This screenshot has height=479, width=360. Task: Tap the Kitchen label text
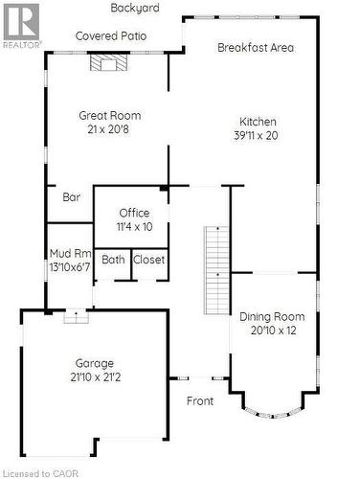click(x=258, y=122)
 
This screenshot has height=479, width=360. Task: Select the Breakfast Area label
click(x=256, y=48)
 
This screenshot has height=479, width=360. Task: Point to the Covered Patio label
click(x=112, y=35)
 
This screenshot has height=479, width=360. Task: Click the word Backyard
click(x=135, y=7)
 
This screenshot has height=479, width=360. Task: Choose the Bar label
click(x=71, y=197)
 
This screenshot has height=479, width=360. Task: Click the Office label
click(x=134, y=213)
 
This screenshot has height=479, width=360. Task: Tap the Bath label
click(x=113, y=260)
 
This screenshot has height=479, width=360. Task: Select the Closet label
click(x=148, y=260)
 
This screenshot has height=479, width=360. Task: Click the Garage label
click(x=95, y=363)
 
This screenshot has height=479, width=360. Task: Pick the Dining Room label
click(x=272, y=317)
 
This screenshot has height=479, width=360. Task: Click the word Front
click(x=200, y=401)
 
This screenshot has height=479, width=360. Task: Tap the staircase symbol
click(x=217, y=270)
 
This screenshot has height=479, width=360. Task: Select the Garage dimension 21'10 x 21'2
click(x=95, y=377)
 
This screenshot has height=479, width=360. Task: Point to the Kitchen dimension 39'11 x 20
click(x=258, y=136)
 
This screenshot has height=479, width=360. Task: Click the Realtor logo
click(x=21, y=25)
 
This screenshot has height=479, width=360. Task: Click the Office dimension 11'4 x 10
click(x=134, y=227)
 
